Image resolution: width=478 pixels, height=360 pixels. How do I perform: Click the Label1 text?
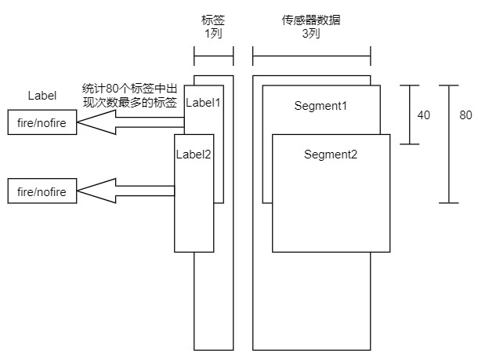[x=204, y=102]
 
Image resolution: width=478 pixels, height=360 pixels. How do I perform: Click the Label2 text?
[x=193, y=154]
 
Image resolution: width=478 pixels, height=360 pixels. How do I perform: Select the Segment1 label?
[x=320, y=105]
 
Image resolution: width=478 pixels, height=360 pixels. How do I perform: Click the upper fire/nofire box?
[x=42, y=123]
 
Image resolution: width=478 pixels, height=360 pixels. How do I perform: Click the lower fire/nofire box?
[x=42, y=191]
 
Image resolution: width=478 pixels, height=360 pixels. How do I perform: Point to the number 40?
[x=423, y=115]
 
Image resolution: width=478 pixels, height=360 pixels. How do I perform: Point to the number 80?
[x=465, y=115]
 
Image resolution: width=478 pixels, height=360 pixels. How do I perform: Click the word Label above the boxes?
[x=42, y=96]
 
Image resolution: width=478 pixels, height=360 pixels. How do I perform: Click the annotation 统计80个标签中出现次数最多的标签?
[x=130, y=96]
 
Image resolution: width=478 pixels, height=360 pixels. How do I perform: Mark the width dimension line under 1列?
[x=213, y=56]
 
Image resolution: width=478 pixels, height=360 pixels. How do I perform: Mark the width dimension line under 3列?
[x=312, y=56]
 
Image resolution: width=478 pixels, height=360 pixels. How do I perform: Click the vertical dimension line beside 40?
[x=409, y=115]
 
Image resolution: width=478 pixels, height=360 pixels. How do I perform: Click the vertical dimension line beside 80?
[x=449, y=144]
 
